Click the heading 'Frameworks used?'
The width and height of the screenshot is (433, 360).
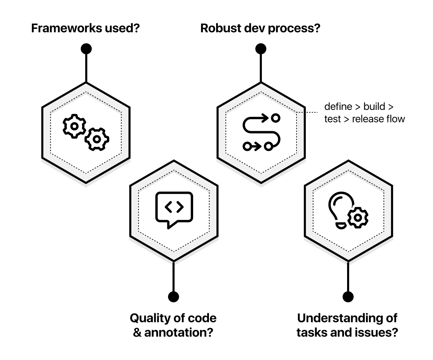tap(85, 28)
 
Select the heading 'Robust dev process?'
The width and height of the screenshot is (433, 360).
tap(260, 28)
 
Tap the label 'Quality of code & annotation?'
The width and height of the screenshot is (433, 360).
tap(173, 325)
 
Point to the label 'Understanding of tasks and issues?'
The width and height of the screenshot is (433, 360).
tap(347, 325)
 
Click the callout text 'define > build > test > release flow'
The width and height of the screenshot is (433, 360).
tap(364, 113)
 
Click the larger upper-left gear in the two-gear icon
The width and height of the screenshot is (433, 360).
tap(74, 126)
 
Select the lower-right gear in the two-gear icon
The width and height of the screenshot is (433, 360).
tap(97, 139)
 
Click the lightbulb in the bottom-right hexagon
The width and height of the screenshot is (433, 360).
tap(340, 208)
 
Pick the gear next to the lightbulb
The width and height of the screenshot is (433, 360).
tap(358, 217)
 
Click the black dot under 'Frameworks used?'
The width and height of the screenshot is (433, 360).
tap(86, 49)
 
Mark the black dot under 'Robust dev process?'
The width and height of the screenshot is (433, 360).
tap(261, 49)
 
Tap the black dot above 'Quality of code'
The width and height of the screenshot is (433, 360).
tap(174, 296)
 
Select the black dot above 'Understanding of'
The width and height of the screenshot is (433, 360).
tap(348, 296)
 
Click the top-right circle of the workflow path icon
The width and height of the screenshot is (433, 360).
tap(275, 118)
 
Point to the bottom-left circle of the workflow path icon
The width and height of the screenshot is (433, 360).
tap(246, 147)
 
